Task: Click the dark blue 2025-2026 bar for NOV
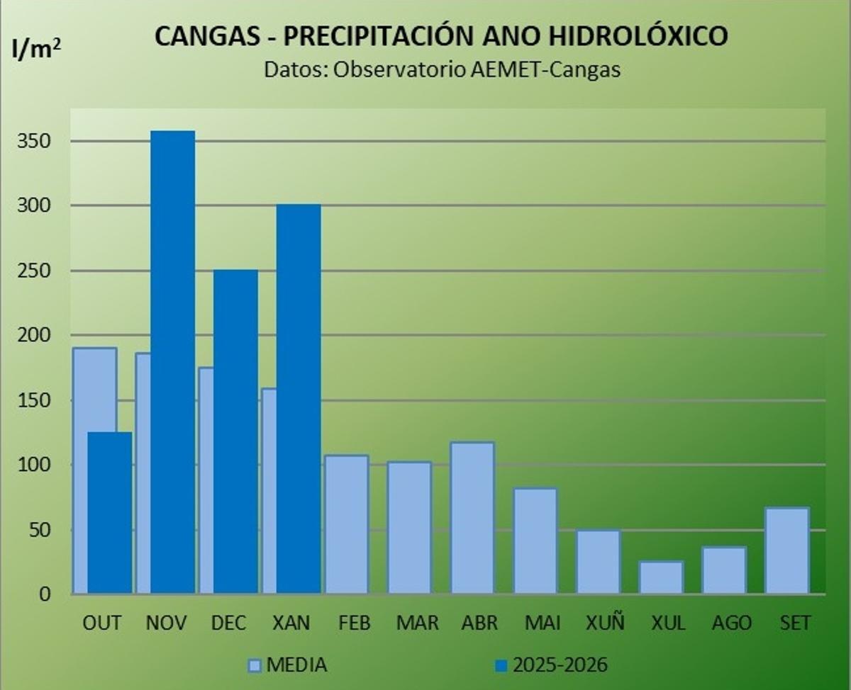pos(172,361)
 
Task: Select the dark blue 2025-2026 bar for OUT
pos(110,513)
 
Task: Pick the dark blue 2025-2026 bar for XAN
pos(299,398)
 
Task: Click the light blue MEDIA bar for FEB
pos(347,524)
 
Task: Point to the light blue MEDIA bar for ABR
pos(472,518)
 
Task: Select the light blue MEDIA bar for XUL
pos(661,577)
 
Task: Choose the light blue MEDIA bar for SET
pos(787,550)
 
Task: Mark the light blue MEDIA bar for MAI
pos(535,541)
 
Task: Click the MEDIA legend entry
pos(287,665)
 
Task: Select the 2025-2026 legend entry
pos(552,665)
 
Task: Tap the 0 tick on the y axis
pos(44,594)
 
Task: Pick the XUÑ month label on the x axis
pos(605,623)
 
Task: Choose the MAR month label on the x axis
pos(417,623)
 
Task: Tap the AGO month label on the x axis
pos(731,623)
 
